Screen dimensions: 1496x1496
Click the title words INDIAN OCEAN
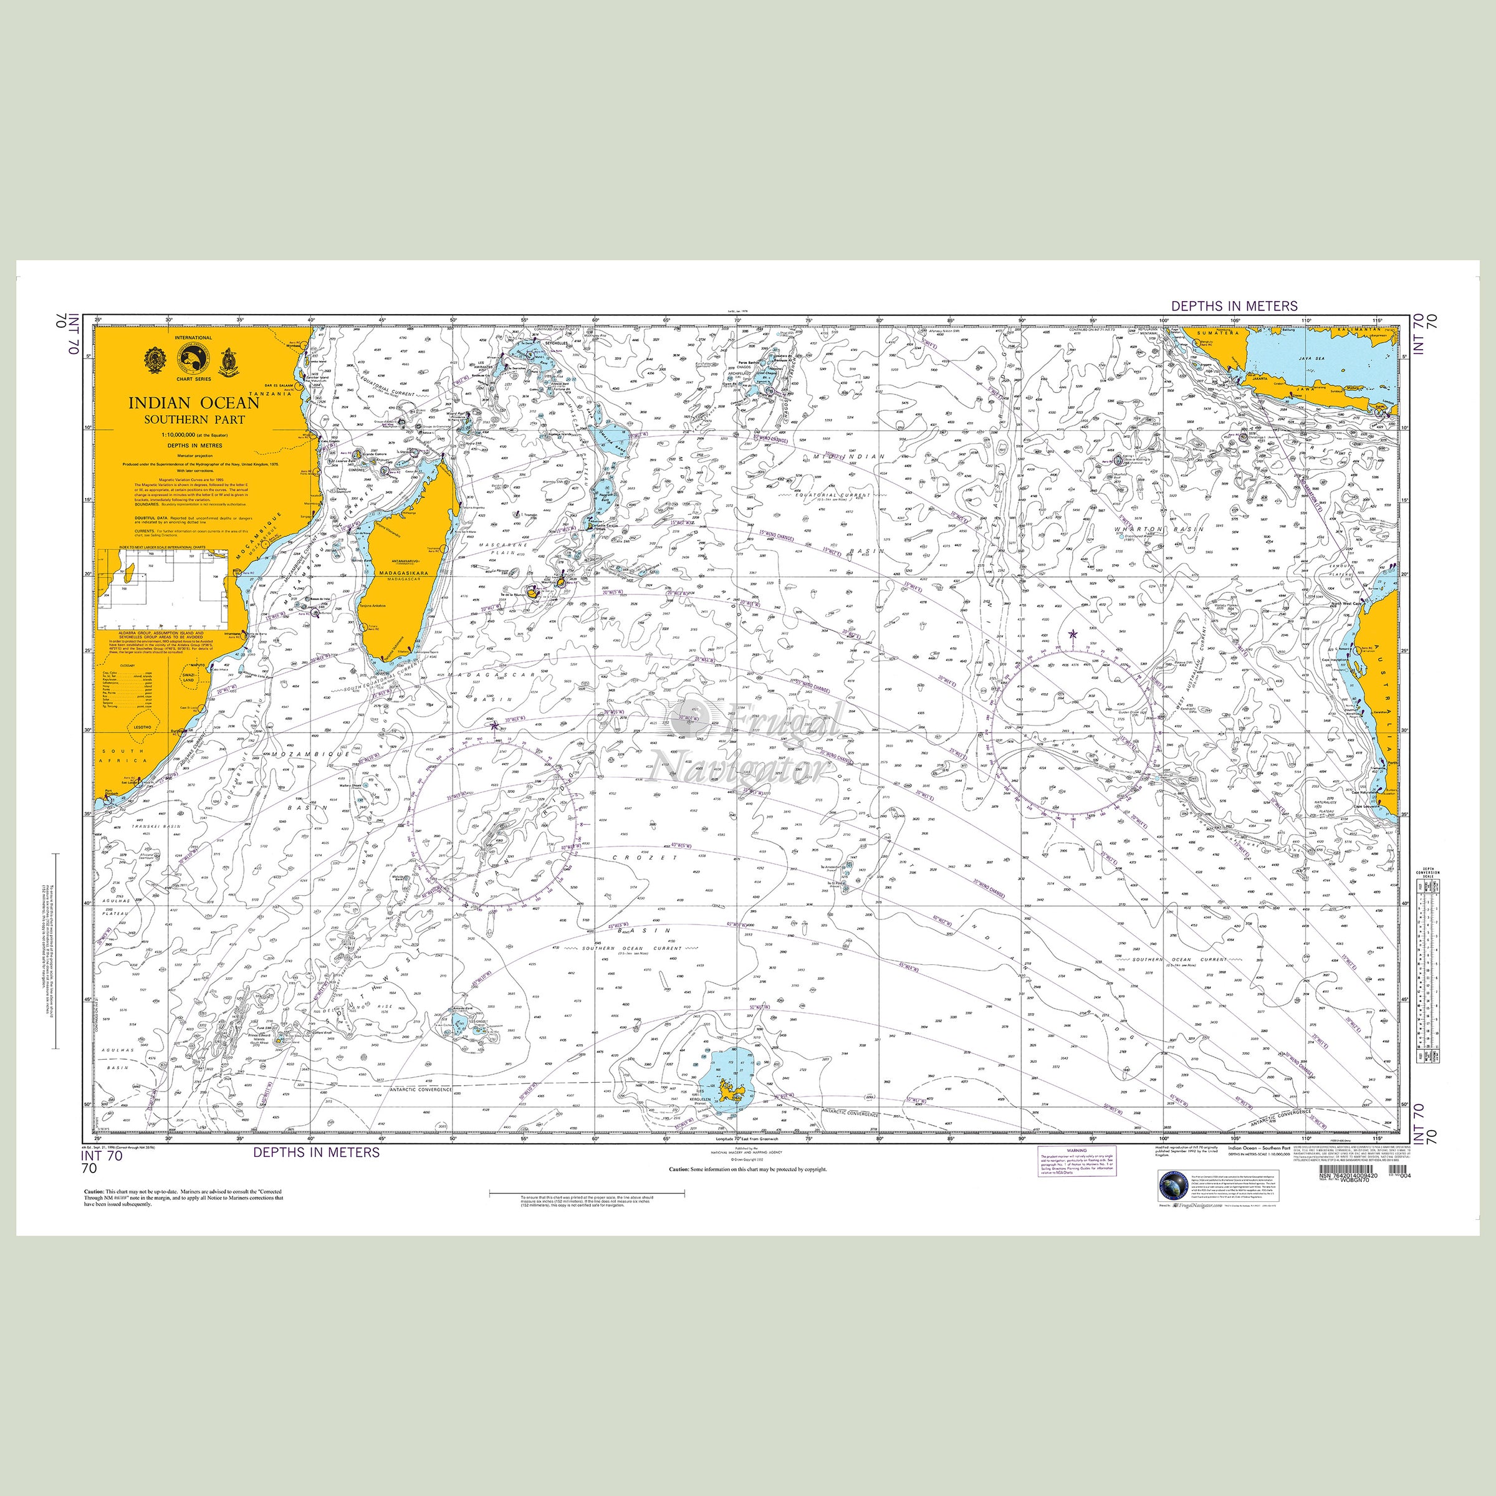pos(194,403)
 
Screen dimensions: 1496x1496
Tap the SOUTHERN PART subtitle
pos(194,420)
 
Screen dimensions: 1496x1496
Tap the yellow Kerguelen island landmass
pos(729,1093)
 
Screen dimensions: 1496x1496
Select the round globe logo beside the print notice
pos(1173,1186)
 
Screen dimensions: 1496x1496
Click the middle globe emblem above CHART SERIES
pos(194,358)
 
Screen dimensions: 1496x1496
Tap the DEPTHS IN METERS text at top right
pos(1234,307)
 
